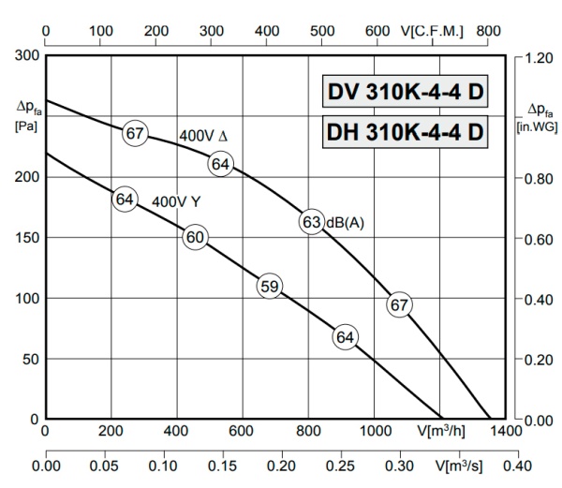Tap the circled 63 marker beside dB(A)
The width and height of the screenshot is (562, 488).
tap(312, 222)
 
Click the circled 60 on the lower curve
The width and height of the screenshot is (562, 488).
tap(195, 237)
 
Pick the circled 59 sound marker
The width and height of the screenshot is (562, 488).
tap(269, 287)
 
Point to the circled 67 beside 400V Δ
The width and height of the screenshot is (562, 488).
tap(135, 133)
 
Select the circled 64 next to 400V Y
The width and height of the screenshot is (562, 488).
tap(125, 199)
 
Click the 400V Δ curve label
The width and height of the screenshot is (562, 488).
tap(202, 136)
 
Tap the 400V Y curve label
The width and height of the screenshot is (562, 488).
tap(177, 200)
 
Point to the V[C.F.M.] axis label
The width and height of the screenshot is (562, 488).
tap(432, 31)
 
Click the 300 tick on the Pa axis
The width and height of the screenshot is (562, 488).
tap(28, 56)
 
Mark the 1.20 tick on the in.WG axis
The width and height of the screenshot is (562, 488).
tap(538, 56)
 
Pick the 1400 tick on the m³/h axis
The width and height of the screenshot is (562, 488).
tap(505, 432)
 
